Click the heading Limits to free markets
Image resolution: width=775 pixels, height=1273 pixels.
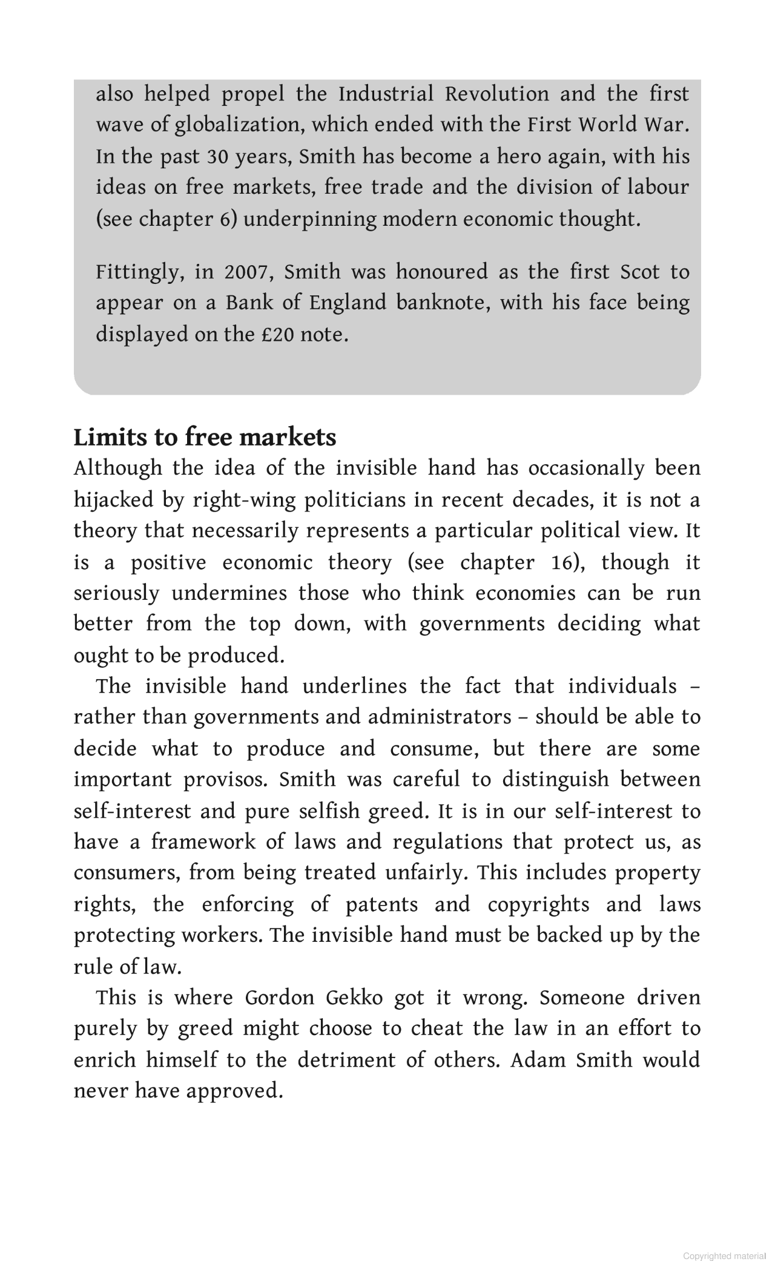pyautogui.click(x=205, y=437)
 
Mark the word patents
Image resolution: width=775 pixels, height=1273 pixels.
pyautogui.click(x=381, y=904)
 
